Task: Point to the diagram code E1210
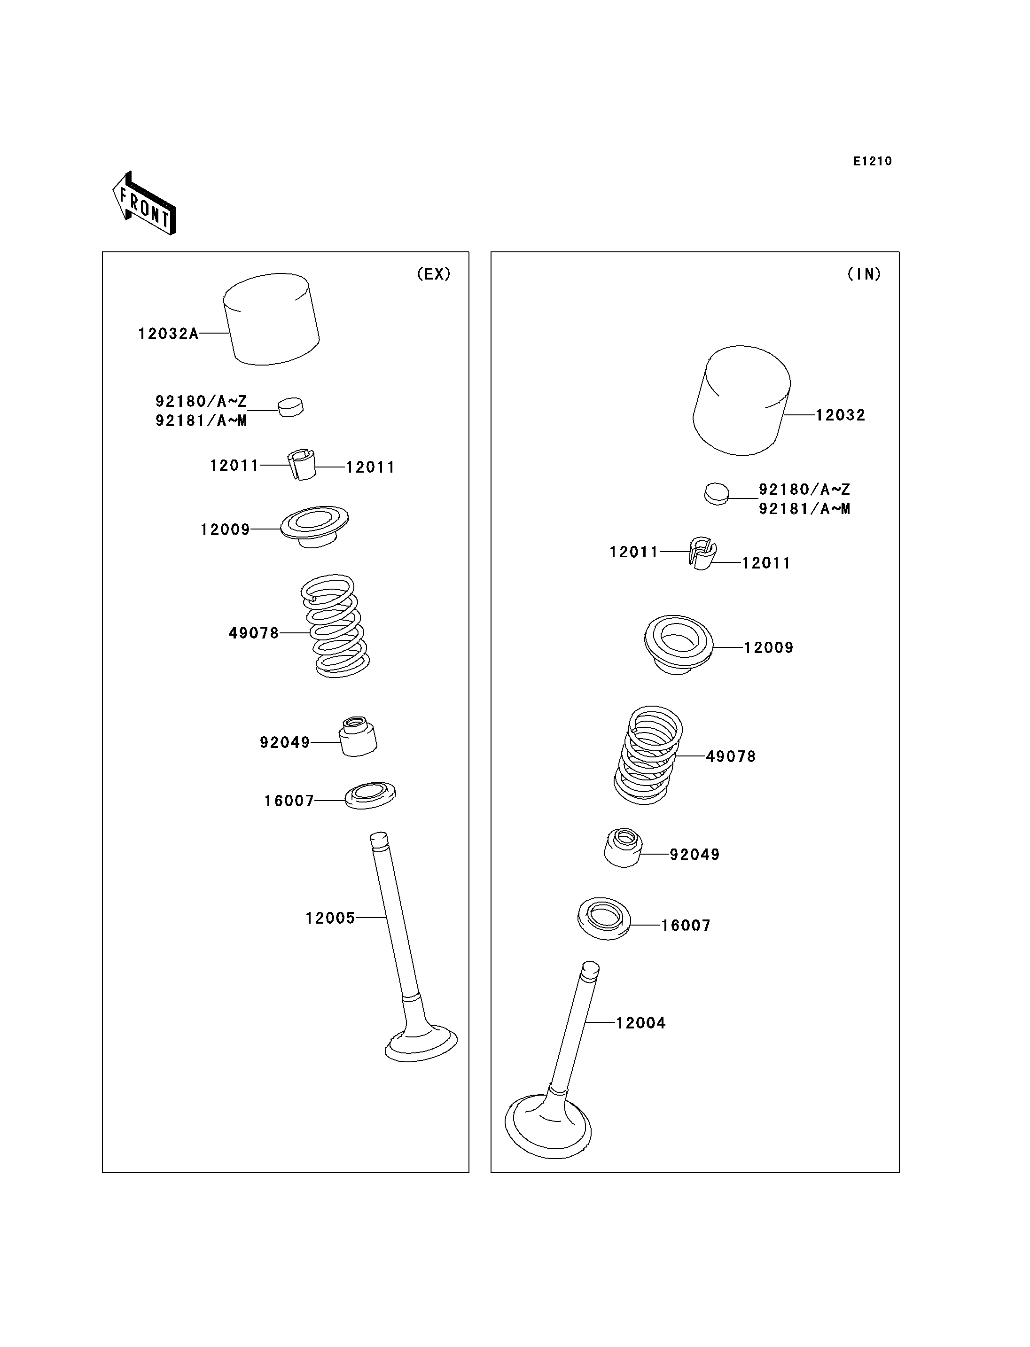[x=873, y=161]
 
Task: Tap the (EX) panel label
[x=433, y=274]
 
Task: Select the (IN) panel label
[x=864, y=274]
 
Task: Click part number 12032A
[x=168, y=334]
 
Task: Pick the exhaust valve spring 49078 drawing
[x=336, y=625]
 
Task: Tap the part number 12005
[x=330, y=918]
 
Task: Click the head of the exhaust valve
[x=421, y=1045]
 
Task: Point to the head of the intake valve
[x=548, y=1128]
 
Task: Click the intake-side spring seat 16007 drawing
[x=604, y=919]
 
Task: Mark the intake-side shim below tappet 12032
[x=716, y=493]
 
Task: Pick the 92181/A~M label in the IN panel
[x=804, y=509]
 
